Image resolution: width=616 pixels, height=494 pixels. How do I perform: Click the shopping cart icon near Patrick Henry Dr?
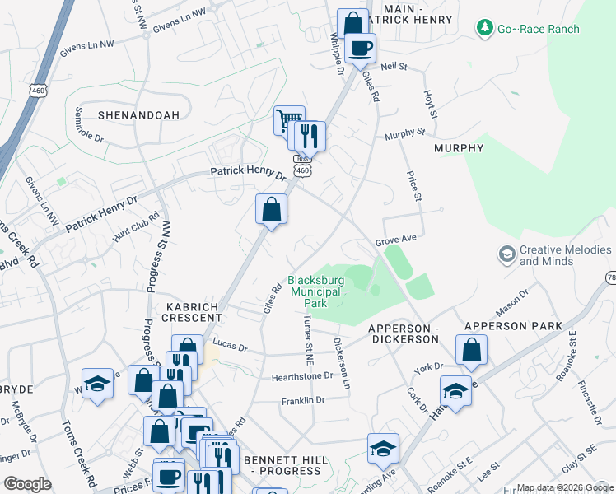pyautogui.click(x=289, y=121)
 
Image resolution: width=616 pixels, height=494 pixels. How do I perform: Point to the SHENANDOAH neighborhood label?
pyautogui.click(x=138, y=115)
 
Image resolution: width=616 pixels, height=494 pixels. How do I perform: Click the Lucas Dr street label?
pyautogui.click(x=230, y=346)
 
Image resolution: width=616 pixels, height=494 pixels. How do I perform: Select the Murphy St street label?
pyautogui.click(x=404, y=132)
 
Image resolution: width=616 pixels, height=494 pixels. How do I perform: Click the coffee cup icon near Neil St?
pyautogui.click(x=359, y=48)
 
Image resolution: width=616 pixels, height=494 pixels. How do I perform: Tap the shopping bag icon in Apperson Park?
pyautogui.click(x=470, y=351)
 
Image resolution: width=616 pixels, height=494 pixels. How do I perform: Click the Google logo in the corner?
pyautogui.click(x=26, y=483)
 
